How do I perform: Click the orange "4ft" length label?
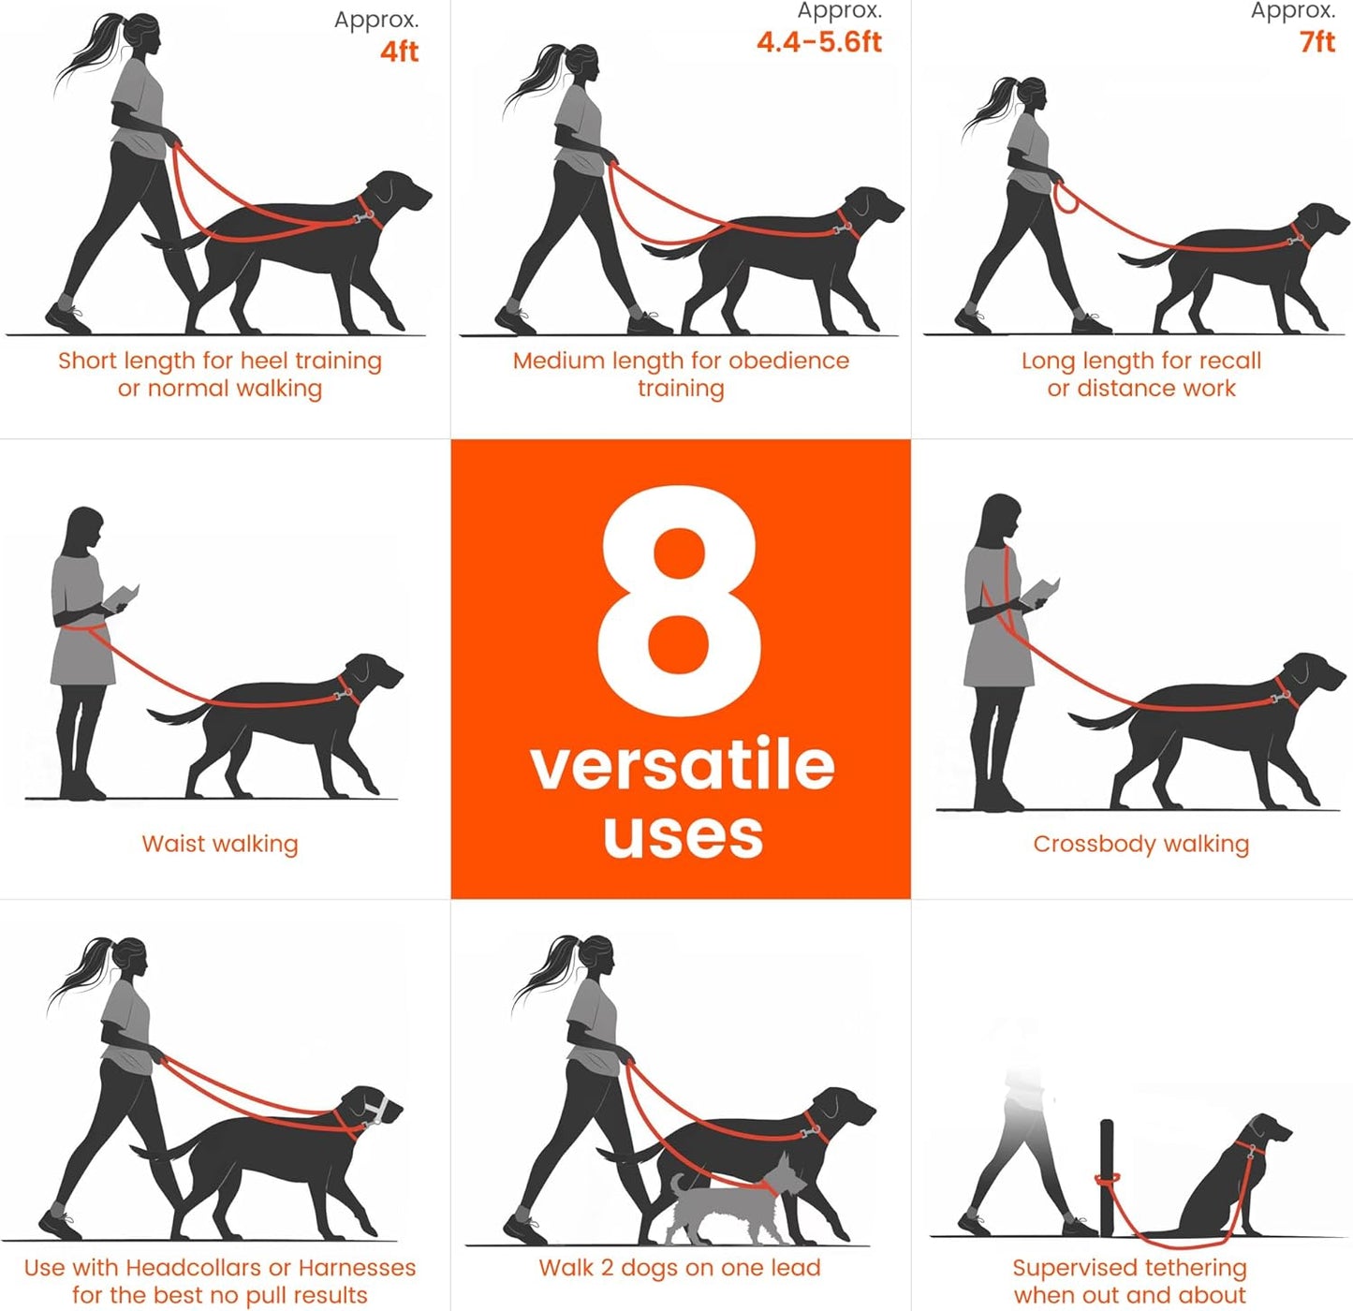[x=399, y=52]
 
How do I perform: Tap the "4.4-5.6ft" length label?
[x=818, y=42]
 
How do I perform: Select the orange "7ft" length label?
[x=1316, y=42]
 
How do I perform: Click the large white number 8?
[x=680, y=599]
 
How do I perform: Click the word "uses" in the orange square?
[x=683, y=835]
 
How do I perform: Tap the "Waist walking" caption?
[x=220, y=844]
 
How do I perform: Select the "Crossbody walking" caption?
[x=1140, y=844]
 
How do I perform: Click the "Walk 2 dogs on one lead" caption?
[x=680, y=1268]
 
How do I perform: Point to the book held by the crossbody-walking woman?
[x=1040, y=591]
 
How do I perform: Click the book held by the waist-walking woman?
[x=122, y=597]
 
